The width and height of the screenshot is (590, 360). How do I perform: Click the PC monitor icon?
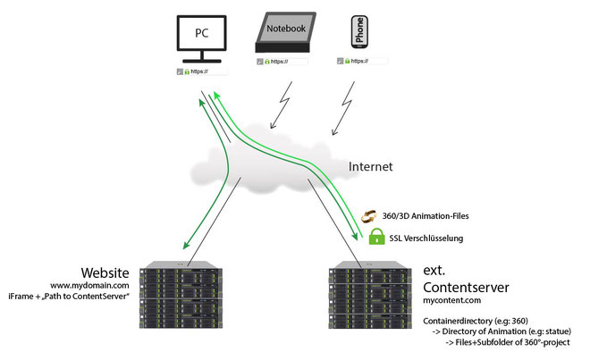(x=202, y=38)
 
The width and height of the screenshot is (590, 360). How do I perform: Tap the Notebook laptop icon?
(x=285, y=32)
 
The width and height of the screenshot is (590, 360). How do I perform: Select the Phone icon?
(x=359, y=32)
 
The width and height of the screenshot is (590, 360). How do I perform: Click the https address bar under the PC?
(x=202, y=71)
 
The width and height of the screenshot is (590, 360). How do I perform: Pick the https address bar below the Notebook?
(x=282, y=62)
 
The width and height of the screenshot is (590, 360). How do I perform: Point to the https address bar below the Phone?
(x=363, y=61)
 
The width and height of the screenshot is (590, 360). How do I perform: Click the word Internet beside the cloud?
(x=370, y=167)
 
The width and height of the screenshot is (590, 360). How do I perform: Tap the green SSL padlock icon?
(x=376, y=237)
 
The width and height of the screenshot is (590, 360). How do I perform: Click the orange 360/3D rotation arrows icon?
(x=368, y=216)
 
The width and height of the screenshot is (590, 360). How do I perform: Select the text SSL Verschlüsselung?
(x=426, y=239)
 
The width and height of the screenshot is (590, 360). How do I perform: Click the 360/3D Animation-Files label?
(x=426, y=216)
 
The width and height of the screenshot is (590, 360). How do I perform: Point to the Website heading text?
(x=105, y=272)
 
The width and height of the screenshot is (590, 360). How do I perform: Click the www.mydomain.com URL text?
(x=89, y=286)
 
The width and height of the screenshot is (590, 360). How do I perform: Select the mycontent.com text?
(x=452, y=300)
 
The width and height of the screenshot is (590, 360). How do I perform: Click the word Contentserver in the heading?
(x=466, y=288)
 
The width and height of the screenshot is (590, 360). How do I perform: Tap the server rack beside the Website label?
(x=181, y=295)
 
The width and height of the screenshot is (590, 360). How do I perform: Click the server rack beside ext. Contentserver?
(x=370, y=295)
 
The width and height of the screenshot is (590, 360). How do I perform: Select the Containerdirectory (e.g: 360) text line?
(x=476, y=321)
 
